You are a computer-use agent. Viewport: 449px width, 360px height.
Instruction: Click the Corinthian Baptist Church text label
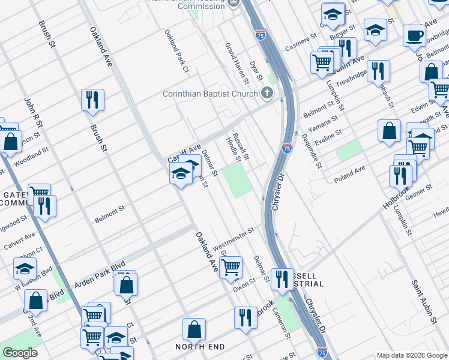point(210,94)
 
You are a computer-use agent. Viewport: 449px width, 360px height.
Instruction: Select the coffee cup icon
point(414,36)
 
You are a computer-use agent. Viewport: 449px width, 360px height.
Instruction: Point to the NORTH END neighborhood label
point(200,347)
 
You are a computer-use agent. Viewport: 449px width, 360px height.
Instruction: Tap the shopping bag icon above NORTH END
point(194,329)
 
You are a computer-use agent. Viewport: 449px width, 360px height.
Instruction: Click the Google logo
point(20,352)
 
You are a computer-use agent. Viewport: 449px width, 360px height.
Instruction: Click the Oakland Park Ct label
point(178,51)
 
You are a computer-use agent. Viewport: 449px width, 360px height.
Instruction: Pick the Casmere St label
point(300,42)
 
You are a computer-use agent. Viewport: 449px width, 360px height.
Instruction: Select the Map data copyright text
point(411,355)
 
